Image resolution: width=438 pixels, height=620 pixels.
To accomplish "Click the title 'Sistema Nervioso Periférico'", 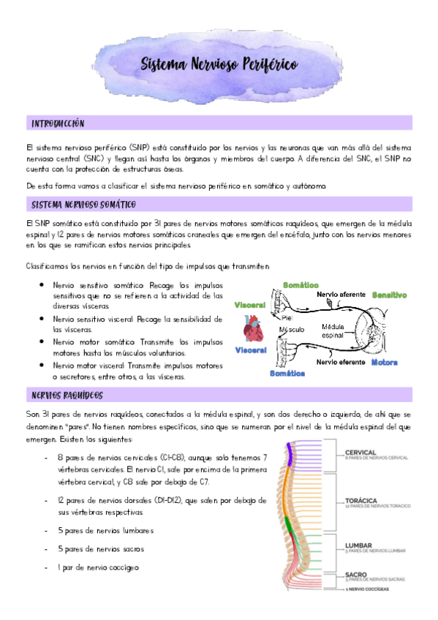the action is click(x=219, y=65).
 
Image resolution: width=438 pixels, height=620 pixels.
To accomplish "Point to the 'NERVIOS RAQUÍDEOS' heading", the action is click(x=67, y=396).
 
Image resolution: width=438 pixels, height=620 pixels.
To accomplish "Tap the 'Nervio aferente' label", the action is click(x=341, y=294).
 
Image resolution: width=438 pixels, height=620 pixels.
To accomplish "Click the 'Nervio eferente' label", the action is click(x=341, y=361).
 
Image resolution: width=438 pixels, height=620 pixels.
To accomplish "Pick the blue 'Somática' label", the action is click(x=287, y=373).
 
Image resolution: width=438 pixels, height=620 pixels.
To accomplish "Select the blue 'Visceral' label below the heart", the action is click(x=250, y=351).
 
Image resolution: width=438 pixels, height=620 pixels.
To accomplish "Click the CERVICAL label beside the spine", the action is click(x=360, y=452).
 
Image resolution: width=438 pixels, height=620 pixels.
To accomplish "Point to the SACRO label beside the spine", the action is click(x=356, y=575).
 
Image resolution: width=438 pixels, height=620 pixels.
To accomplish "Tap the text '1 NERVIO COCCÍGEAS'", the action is click(x=368, y=589).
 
